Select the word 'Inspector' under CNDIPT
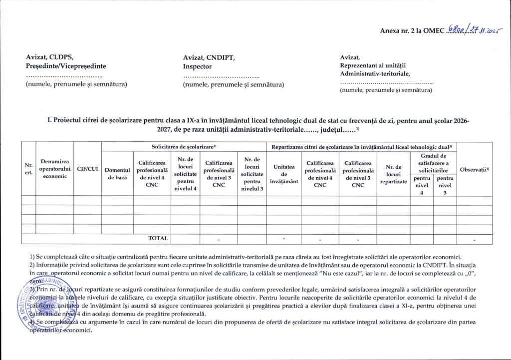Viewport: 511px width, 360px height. pos(198,66)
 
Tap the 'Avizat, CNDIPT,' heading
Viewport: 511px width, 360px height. pos(209,57)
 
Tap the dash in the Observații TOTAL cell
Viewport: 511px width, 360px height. pos(474,240)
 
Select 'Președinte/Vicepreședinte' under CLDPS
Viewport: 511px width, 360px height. pos(66,66)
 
